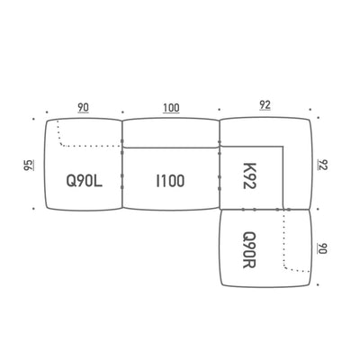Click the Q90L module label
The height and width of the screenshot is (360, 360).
click(85, 181)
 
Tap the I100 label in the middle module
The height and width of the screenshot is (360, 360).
click(170, 181)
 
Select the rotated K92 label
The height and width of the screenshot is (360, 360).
click(249, 175)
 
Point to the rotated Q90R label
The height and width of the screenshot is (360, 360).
click(249, 250)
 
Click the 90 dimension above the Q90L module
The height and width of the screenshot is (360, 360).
click(84, 107)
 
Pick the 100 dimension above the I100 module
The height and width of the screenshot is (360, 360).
click(171, 108)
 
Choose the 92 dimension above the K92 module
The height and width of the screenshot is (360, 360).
click(265, 105)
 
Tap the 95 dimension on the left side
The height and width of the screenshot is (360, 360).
click(29, 165)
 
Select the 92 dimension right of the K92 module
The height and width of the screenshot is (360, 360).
click(322, 165)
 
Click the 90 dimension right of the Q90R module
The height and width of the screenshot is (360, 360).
click(322, 248)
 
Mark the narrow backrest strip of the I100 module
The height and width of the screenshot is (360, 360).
click(171, 132)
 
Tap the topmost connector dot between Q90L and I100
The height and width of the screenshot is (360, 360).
click(122, 141)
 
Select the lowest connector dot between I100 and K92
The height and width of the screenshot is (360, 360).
click(220, 188)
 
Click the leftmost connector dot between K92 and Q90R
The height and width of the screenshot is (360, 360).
click(243, 210)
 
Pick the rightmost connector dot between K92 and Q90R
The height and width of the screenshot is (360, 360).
click(289, 210)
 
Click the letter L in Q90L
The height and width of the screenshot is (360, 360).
click(99, 181)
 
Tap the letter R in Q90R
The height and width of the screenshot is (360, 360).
click(249, 264)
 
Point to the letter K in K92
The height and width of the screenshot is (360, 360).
click(249, 167)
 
